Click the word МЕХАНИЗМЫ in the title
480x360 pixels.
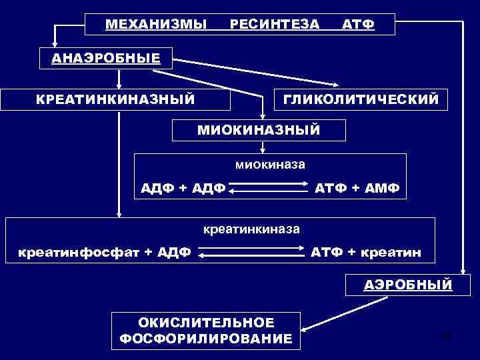(156, 25)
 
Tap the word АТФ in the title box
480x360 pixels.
(358, 25)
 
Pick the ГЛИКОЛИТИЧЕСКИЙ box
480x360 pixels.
(361, 99)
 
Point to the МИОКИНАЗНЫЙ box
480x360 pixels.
(259, 129)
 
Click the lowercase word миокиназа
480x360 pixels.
(271, 163)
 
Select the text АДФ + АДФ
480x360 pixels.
(183, 188)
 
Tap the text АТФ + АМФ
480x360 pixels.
(357, 188)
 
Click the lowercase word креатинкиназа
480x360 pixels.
(251, 229)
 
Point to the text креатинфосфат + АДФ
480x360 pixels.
(105, 253)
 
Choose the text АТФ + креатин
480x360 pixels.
(365, 253)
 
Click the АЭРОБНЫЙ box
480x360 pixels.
(407, 285)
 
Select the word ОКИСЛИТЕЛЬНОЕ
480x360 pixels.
(206, 323)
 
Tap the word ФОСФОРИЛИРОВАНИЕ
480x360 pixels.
(206, 339)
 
